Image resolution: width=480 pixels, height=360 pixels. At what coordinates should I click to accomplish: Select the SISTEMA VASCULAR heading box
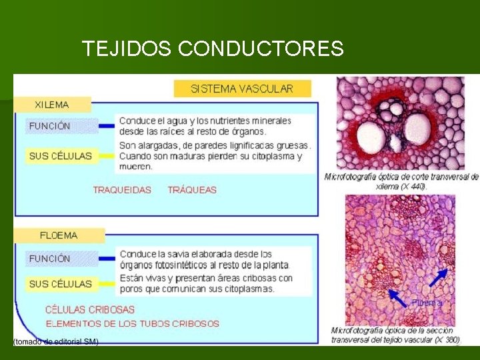(242, 89)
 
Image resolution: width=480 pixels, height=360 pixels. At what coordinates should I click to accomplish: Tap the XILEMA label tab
(52, 105)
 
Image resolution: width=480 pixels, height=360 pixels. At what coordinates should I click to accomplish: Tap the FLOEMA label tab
(59, 235)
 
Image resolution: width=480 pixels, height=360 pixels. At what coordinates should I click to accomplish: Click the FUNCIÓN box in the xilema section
(50, 125)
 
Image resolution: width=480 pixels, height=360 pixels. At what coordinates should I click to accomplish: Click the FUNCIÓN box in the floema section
(50, 259)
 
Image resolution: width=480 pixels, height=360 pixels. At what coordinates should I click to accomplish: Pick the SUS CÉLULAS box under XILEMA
(60, 156)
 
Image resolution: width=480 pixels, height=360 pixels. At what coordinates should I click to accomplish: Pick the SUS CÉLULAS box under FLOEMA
(60, 284)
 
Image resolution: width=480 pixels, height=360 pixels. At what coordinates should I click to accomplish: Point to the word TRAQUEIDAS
(122, 190)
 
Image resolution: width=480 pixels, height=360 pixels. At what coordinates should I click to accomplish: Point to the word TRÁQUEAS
(192, 190)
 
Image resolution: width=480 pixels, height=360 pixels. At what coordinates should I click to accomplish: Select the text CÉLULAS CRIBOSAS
(90, 310)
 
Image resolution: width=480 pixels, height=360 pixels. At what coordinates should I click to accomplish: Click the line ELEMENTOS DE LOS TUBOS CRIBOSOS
(132, 324)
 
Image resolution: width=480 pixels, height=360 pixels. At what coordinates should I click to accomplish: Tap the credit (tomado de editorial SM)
(57, 341)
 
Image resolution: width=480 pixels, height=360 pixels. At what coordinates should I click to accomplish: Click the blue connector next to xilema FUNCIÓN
(106, 125)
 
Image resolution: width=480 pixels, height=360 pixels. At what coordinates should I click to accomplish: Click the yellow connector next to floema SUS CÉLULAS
(106, 284)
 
